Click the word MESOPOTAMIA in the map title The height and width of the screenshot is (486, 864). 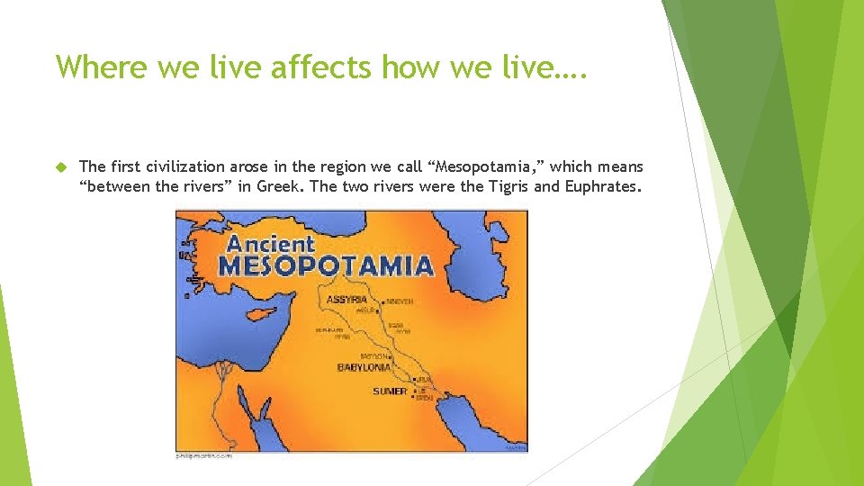click(327, 266)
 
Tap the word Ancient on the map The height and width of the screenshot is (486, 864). click(271, 243)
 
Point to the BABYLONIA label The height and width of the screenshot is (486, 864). click(364, 368)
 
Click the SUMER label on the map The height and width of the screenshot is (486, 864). click(390, 391)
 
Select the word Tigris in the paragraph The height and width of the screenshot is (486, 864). click(510, 187)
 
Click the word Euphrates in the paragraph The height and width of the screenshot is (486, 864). click(602, 187)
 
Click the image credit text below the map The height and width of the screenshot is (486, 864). click(204, 457)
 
